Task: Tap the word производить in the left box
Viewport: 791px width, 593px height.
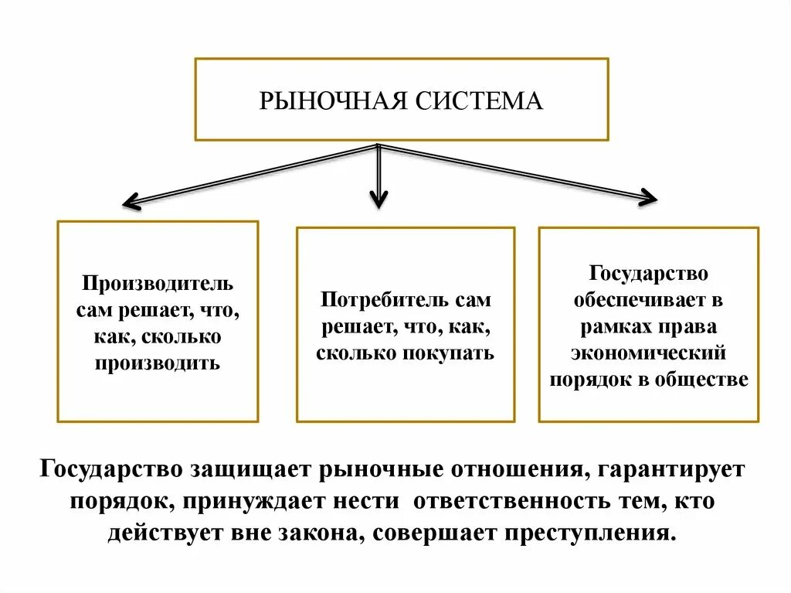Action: pos(158,362)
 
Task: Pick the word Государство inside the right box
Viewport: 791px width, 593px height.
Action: pos(649,273)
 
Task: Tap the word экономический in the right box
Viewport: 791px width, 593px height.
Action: pos(649,353)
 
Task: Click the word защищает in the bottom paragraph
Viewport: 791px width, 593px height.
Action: pos(252,470)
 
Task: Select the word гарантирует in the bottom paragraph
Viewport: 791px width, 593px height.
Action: pos(670,470)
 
